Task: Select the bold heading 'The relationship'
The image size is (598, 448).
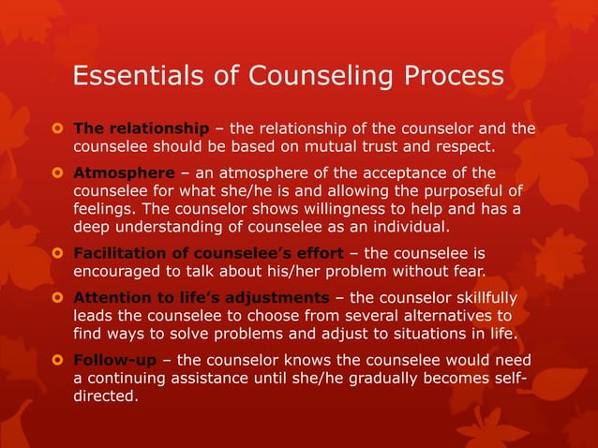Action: [x=141, y=128]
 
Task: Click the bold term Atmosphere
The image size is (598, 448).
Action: [x=124, y=173]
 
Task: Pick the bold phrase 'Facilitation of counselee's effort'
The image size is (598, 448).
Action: [x=208, y=253]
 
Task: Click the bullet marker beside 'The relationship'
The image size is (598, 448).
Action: [x=56, y=128]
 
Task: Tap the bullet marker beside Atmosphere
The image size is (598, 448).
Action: [x=56, y=173]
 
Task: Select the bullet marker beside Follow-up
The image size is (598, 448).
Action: [x=56, y=361]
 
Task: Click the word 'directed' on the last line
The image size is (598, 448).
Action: [x=103, y=396]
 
